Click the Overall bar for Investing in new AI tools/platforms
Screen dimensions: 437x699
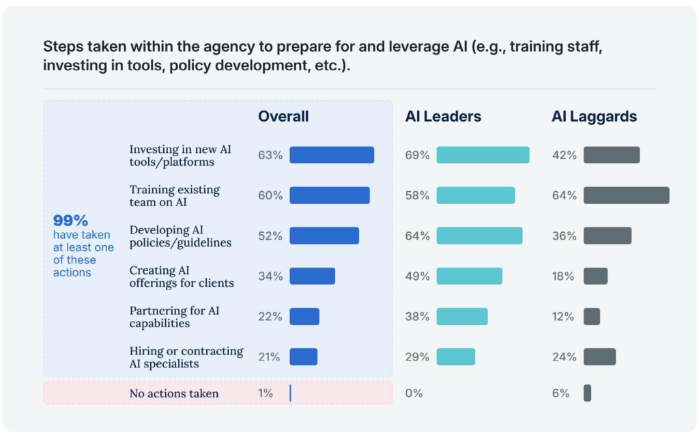[332, 155]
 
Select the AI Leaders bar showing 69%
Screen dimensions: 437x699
[483, 155]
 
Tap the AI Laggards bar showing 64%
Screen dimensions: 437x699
[626, 195]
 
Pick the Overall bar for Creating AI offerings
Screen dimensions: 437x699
[312, 276]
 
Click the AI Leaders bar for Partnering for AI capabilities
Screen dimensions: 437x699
[462, 316]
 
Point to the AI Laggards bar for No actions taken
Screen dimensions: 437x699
[587, 393]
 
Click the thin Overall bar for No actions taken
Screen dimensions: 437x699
[290, 393]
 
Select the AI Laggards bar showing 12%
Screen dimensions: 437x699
[592, 316]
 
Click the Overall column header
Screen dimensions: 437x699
[283, 117]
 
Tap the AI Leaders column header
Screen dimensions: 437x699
[443, 117]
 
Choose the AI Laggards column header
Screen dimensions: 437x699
[594, 117]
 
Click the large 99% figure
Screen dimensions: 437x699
[70, 221]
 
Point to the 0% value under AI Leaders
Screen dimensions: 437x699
[414, 393]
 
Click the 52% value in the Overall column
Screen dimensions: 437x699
[270, 236]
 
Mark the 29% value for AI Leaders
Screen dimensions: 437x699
[417, 356]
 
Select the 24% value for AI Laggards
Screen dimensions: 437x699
[564, 356]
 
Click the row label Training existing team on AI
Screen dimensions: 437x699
[174, 195]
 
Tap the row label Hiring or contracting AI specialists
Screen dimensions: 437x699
[186, 356]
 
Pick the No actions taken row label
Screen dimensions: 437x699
[174, 393]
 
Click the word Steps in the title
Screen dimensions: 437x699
[61, 47]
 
